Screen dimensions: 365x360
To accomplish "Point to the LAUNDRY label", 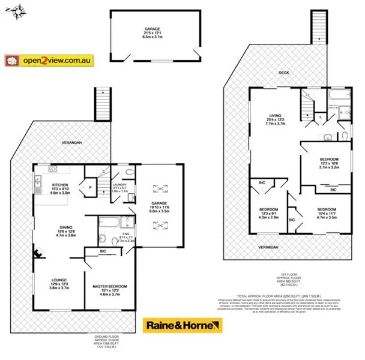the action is pos(119,187).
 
